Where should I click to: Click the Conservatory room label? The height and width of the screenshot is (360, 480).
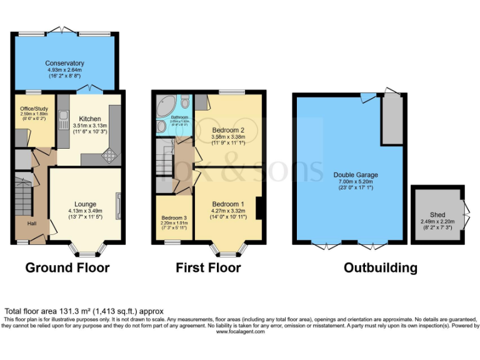click(65, 63)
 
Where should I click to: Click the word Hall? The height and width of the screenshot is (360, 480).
click(31, 223)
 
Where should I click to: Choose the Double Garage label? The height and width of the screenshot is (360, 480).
click(356, 175)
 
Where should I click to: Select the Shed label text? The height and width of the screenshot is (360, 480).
click(437, 214)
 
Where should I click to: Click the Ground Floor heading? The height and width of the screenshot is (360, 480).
click(67, 268)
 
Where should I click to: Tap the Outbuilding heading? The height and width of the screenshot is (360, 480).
click(380, 268)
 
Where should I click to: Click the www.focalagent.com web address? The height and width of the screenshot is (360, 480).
click(240, 332)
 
